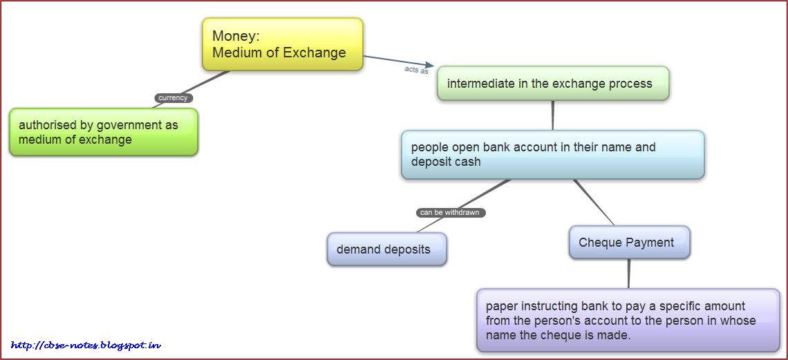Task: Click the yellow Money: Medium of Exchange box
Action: coord(282,44)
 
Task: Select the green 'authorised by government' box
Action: coord(104,132)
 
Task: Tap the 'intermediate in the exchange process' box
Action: coord(553,84)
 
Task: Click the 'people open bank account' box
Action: coord(552,155)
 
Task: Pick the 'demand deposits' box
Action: coord(386,249)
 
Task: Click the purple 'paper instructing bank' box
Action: coord(628,321)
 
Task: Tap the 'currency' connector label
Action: coord(173,98)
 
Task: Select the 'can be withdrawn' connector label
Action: coord(450,213)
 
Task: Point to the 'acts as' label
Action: coord(416,70)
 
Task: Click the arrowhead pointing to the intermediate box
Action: coord(429,66)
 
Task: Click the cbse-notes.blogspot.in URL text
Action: coord(86,345)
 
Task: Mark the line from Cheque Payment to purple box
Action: coord(629,274)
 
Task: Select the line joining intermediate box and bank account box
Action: coord(553,115)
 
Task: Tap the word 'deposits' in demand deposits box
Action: coord(406,249)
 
